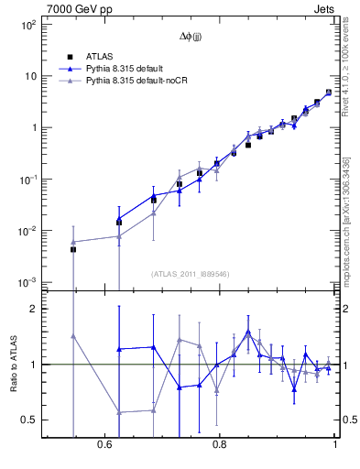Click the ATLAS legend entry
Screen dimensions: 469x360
click(x=99, y=57)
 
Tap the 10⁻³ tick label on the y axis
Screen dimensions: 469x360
click(x=27, y=282)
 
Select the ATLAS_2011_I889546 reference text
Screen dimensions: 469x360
click(x=190, y=274)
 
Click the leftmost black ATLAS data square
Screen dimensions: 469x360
click(x=73, y=249)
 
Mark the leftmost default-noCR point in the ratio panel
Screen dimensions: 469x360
click(x=73, y=336)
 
